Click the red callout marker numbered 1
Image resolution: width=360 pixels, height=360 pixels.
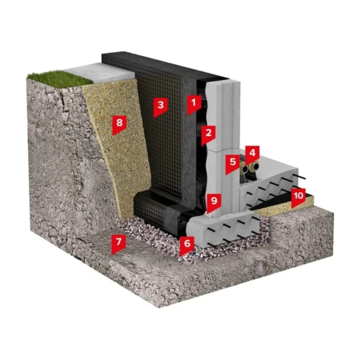tap(193, 104)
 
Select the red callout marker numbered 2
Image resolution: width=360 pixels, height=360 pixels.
tap(208, 134)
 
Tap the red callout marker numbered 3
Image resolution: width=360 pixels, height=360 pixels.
tap(160, 106)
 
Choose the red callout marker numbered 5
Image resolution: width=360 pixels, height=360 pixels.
tap(232, 164)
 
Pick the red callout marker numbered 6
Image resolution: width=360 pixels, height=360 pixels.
tap(187, 245)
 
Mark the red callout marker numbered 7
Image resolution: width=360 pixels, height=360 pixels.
tap(118, 243)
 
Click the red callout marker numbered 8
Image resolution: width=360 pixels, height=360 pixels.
tap(119, 124)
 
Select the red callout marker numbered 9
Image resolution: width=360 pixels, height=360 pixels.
tap(214, 202)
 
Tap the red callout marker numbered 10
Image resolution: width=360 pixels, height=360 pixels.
tap(298, 197)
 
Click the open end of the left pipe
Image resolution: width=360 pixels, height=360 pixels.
tap(245, 169)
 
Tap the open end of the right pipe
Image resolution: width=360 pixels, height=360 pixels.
tap(255, 166)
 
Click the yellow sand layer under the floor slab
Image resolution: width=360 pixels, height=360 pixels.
tap(285, 204)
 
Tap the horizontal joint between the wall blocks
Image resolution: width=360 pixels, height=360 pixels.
tap(223, 150)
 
